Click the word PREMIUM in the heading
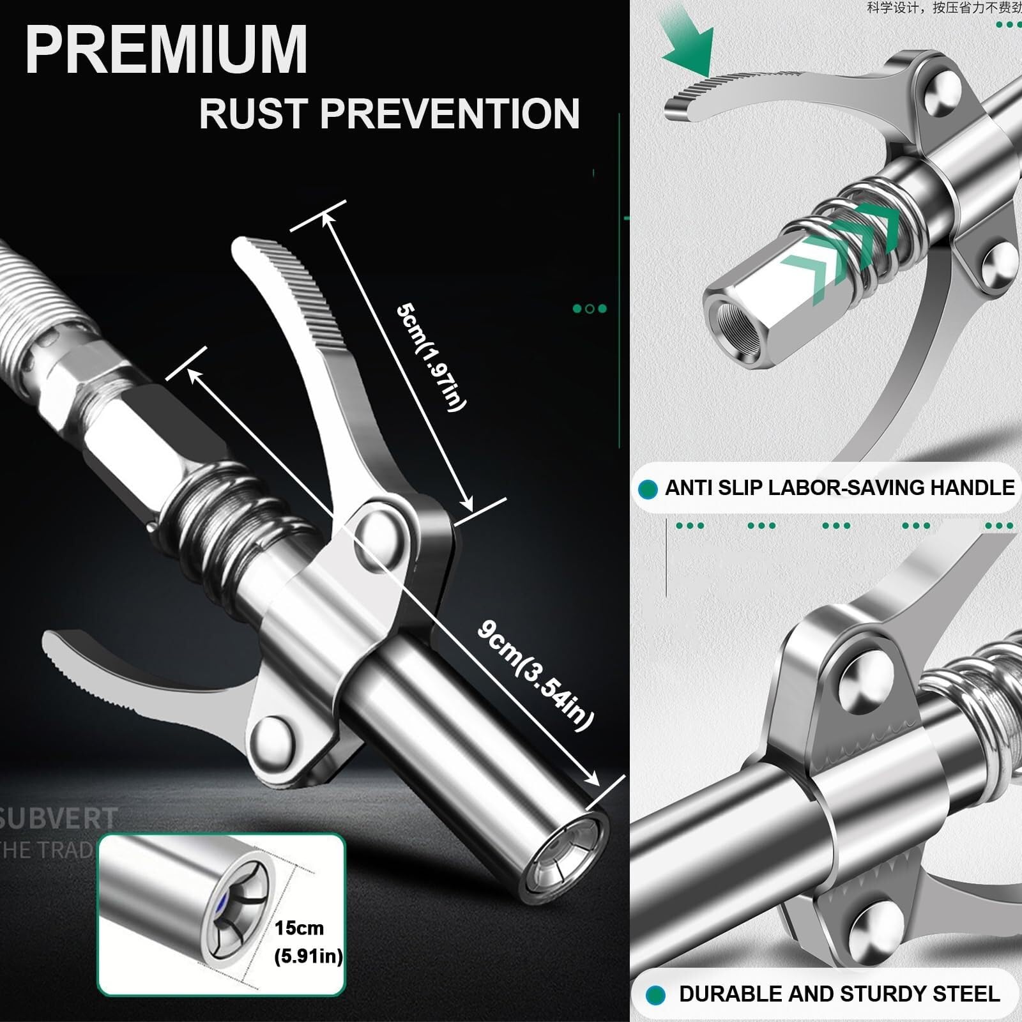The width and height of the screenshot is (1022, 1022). click(x=166, y=50)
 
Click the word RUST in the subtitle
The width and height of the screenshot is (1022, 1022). click(x=253, y=114)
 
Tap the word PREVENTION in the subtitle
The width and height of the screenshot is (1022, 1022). click(x=450, y=114)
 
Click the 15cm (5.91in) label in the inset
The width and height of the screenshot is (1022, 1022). click(x=308, y=942)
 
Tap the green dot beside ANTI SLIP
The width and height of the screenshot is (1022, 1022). click(x=648, y=489)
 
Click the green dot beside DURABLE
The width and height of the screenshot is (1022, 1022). click(x=655, y=995)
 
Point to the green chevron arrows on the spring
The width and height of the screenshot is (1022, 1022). click(x=843, y=249)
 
